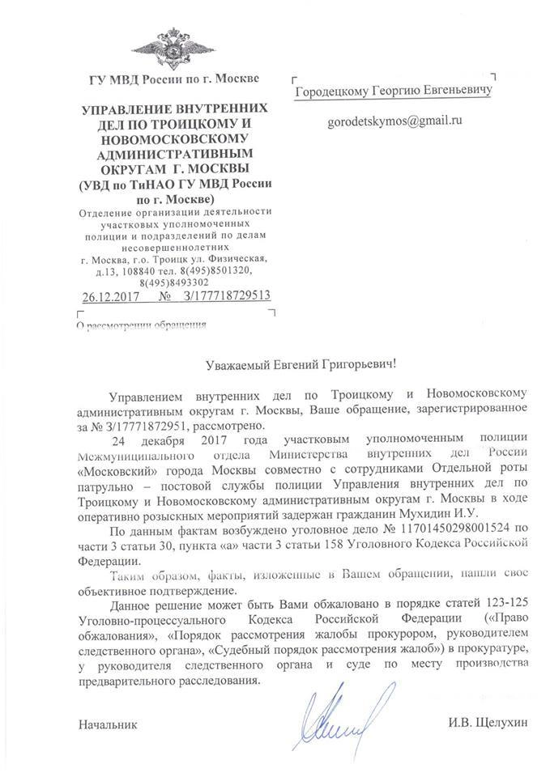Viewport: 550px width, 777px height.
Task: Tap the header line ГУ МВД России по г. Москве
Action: pos(173,79)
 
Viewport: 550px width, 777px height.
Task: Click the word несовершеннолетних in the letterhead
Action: pos(174,247)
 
